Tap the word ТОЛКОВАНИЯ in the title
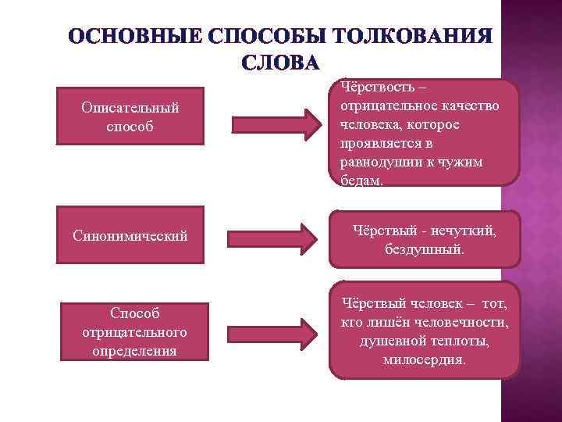pyautogui.click(x=412, y=38)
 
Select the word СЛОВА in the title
pyautogui.click(x=280, y=62)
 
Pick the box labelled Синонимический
pyautogui.click(x=130, y=234)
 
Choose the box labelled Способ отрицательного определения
pyautogui.click(x=130, y=331)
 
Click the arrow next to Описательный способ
pyautogui.click(x=276, y=123)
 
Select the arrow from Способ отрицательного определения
pyautogui.click(x=276, y=332)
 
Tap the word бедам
pyautogui.click(x=361, y=180)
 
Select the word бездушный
pyautogui.click(x=424, y=250)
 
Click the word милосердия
pyautogui.click(x=425, y=359)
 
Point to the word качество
pyautogui.click(x=471, y=106)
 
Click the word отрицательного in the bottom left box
pyautogui.click(x=130, y=332)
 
